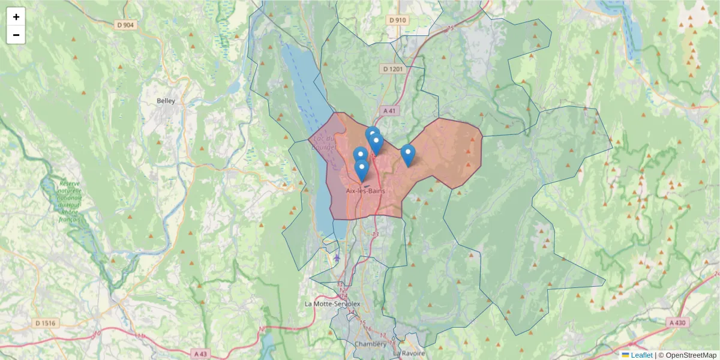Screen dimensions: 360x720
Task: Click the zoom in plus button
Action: pyautogui.click(x=16, y=17)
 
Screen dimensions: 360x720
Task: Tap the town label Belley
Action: pyautogui.click(x=166, y=101)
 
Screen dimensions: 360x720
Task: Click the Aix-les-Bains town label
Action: pyautogui.click(x=365, y=191)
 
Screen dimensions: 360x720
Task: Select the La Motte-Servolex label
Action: pyautogui.click(x=332, y=304)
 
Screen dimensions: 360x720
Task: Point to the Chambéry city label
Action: pyautogui.click(x=370, y=344)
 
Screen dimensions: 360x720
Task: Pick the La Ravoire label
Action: pyautogui.click(x=413, y=353)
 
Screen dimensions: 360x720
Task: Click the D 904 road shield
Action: pyautogui.click(x=125, y=25)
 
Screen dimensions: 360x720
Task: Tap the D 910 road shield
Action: pyautogui.click(x=398, y=20)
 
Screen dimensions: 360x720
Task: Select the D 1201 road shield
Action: pyautogui.click(x=392, y=69)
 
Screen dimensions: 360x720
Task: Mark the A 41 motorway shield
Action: pyautogui.click(x=389, y=110)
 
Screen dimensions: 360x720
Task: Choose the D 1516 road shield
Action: pyautogui.click(x=45, y=323)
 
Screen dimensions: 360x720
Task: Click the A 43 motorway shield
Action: pyautogui.click(x=200, y=353)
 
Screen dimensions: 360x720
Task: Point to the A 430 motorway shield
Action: pyautogui.click(x=677, y=322)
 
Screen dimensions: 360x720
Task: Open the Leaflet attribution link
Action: pyautogui.click(x=641, y=355)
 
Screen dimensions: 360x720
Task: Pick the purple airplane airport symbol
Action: pyautogui.click(x=337, y=259)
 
